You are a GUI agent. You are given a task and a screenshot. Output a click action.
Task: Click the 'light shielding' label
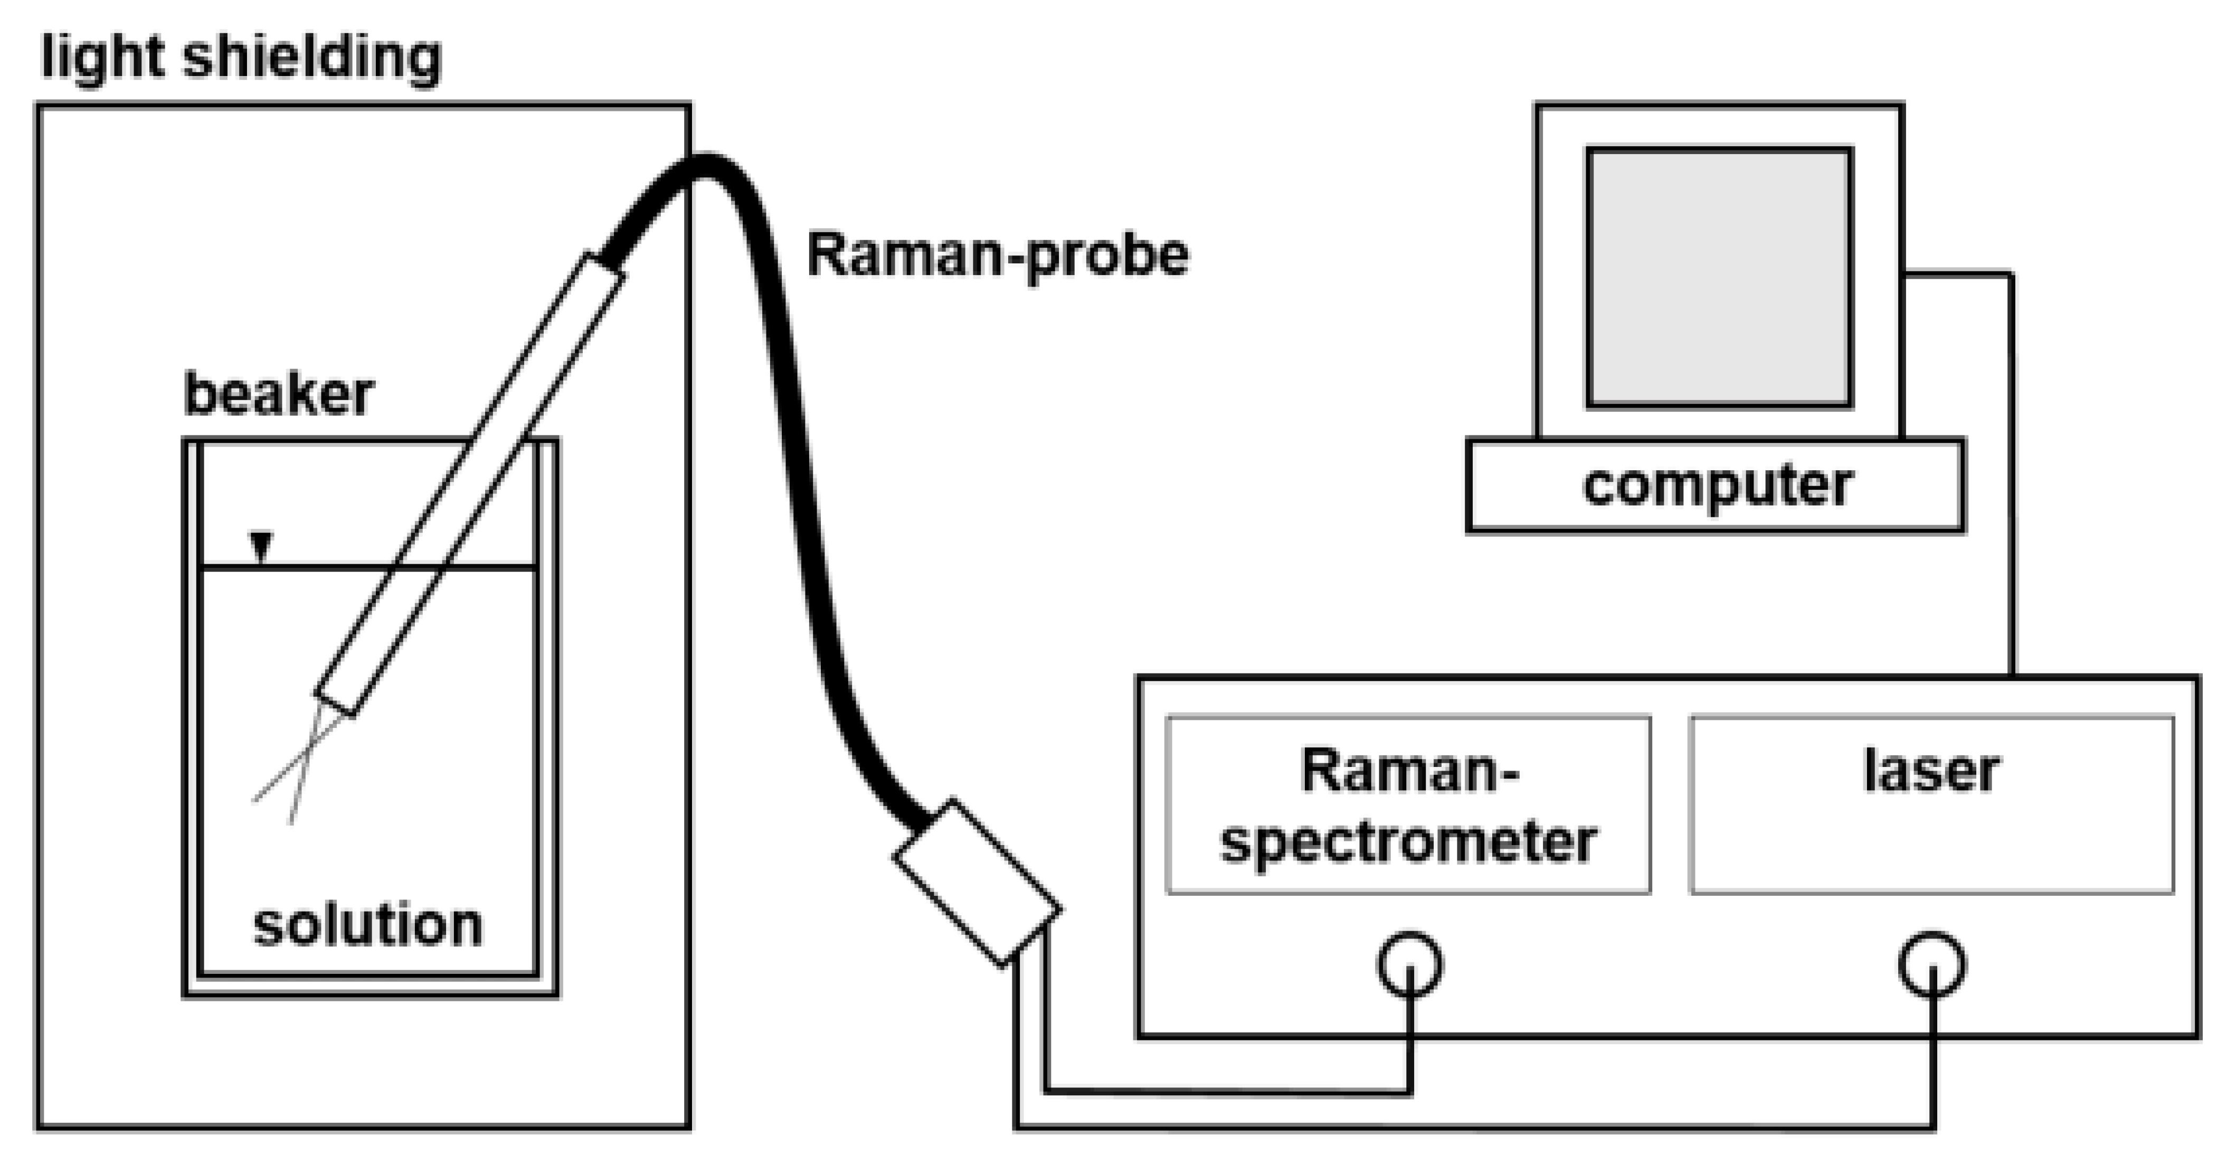241,58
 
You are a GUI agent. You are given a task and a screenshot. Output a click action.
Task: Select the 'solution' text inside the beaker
367,925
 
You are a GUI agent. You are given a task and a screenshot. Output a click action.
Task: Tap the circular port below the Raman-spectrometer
1410,964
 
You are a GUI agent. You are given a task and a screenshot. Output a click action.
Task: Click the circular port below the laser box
1932,964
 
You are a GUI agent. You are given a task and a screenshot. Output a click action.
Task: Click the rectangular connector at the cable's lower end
977,881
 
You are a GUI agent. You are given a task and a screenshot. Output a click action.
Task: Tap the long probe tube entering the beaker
469,486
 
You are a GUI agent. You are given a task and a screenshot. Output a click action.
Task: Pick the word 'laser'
1931,770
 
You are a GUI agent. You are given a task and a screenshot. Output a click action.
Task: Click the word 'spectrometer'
1408,841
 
